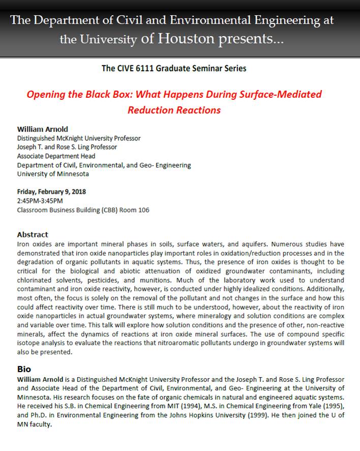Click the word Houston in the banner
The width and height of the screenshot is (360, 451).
click(x=184, y=39)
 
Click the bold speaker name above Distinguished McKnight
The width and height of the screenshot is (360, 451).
click(x=43, y=129)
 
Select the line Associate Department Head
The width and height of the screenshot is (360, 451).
click(x=56, y=156)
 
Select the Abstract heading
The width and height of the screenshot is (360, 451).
click(x=33, y=235)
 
